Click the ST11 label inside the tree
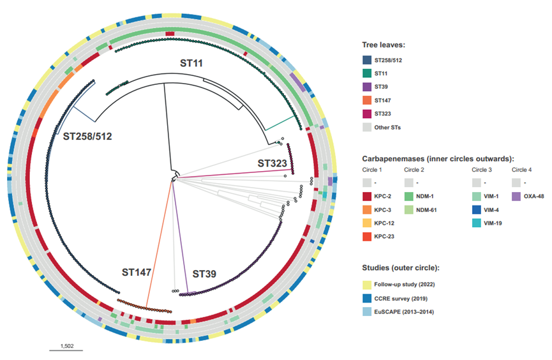pyautogui.click(x=191, y=63)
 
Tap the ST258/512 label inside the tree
pyautogui.click(x=87, y=137)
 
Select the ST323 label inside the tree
pyautogui.click(x=272, y=163)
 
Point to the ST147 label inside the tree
pyautogui.click(x=136, y=273)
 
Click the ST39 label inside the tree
pyautogui.click(x=204, y=274)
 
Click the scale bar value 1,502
pyautogui.click(x=67, y=346)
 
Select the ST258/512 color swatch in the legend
pyautogui.click(x=367, y=60)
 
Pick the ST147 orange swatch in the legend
pyautogui.click(x=367, y=100)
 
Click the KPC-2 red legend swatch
pyautogui.click(x=367, y=196)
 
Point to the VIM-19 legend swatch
pyautogui.click(x=477, y=223)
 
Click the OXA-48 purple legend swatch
pyautogui.click(x=516, y=196)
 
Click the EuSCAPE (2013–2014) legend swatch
pyautogui.click(x=367, y=311)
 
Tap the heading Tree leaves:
pyautogui.click(x=384, y=45)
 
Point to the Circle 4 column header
pyautogui.click(x=522, y=170)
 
